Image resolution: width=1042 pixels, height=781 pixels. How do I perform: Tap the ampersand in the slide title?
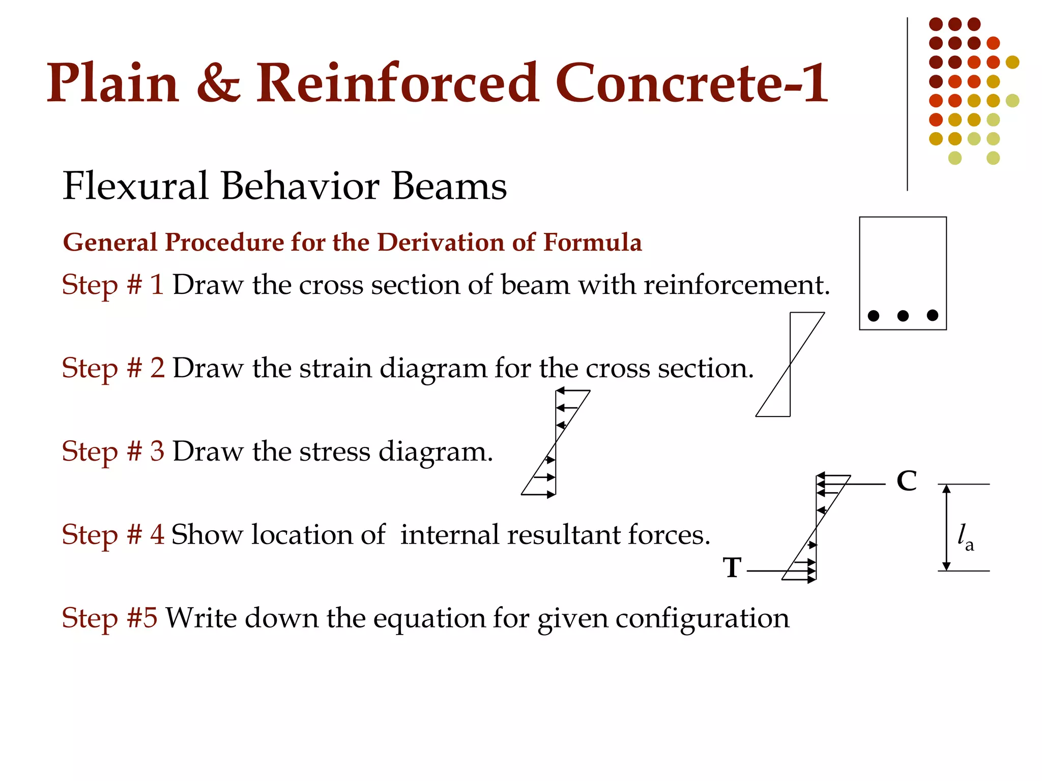(218, 84)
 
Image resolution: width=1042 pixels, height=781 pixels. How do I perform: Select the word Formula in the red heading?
(592, 242)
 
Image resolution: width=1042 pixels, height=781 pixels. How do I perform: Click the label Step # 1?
(113, 285)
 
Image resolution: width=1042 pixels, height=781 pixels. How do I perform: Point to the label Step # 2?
(113, 368)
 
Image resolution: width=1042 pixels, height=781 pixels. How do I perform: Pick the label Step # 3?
(113, 452)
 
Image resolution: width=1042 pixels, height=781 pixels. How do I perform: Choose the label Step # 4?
(113, 535)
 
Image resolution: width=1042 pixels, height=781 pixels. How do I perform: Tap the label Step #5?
(109, 618)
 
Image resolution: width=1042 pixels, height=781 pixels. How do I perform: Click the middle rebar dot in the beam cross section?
(903, 316)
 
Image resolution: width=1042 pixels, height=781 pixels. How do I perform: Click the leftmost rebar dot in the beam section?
(874, 316)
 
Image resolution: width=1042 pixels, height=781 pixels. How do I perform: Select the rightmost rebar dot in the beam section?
(933, 315)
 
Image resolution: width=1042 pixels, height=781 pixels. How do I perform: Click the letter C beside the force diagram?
(907, 481)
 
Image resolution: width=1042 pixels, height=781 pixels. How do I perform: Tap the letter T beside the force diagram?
(732, 567)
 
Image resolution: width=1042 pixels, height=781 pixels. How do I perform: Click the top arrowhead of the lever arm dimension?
(946, 489)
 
